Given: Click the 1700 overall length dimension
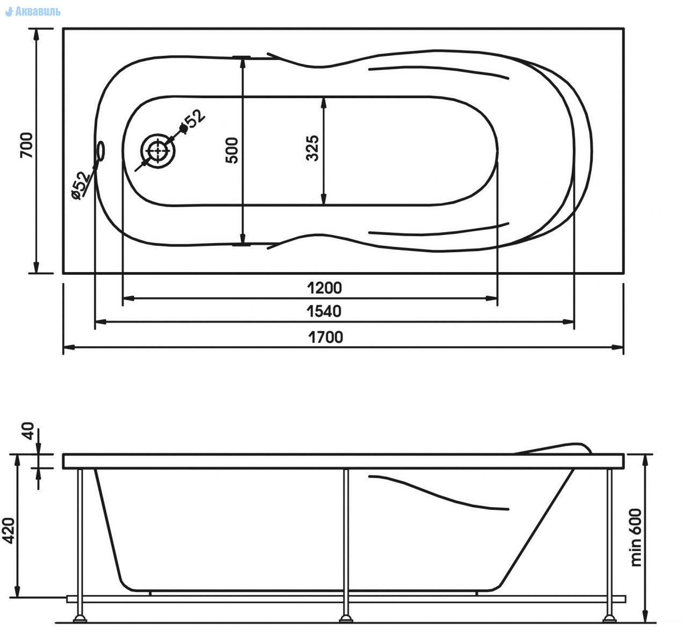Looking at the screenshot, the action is (326, 337).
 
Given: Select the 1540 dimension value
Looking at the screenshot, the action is (324, 311).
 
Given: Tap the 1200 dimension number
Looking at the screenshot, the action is (325, 288).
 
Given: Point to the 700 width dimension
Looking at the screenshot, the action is (26, 145).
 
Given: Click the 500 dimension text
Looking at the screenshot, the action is (232, 150).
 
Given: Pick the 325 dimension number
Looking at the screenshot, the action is (312, 148).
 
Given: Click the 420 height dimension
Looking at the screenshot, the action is (9, 531).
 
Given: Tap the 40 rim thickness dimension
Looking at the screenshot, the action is (28, 431).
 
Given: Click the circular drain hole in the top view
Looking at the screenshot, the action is (158, 151).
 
